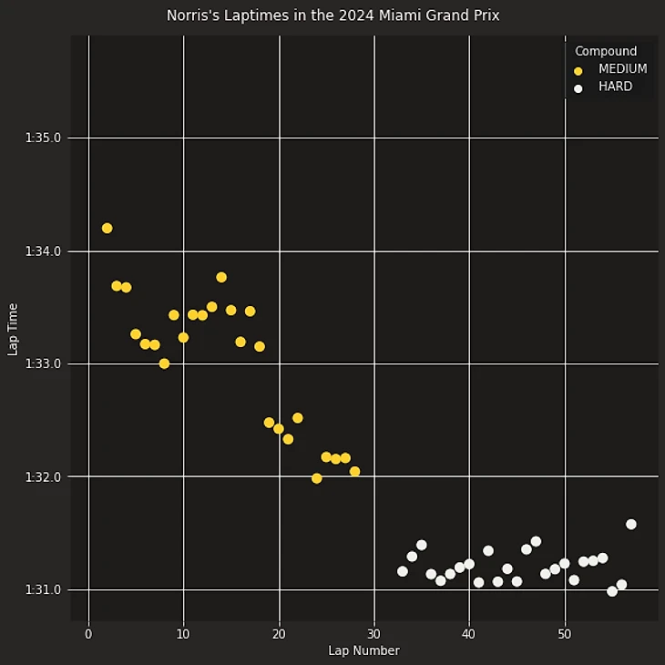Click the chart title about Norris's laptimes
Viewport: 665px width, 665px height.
(332, 15)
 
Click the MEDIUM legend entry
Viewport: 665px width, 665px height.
(622, 69)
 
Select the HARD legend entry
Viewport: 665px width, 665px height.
(615, 87)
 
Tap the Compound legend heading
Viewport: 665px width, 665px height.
(606, 51)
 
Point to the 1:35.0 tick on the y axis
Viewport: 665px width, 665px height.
(43, 138)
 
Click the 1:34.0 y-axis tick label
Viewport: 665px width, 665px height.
(43, 251)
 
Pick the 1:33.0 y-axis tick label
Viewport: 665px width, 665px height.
(43, 363)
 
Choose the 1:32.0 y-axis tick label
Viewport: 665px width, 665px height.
(43, 476)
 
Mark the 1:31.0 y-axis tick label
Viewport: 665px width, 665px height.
(43, 589)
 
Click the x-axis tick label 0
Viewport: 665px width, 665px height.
(88, 634)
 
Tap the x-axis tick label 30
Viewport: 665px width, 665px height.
(373, 634)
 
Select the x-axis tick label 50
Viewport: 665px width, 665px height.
(564, 634)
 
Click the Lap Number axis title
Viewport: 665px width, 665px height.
(363, 650)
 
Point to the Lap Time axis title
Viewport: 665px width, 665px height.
(14, 329)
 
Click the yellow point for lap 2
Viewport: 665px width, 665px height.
(107, 229)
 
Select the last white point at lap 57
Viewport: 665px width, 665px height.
(631, 524)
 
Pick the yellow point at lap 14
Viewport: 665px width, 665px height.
(221, 277)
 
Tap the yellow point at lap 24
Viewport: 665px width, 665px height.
(317, 478)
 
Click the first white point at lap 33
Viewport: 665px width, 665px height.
(403, 571)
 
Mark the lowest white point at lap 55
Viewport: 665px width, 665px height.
(612, 591)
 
